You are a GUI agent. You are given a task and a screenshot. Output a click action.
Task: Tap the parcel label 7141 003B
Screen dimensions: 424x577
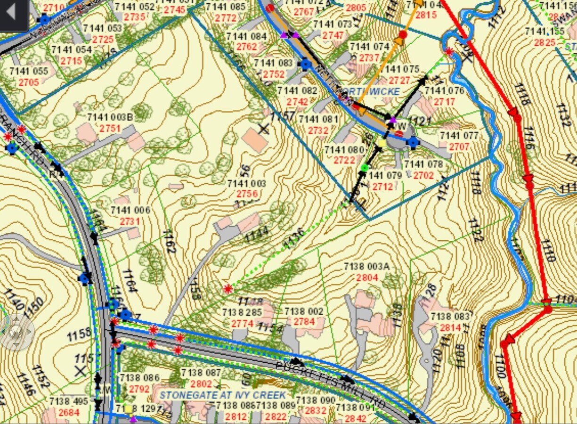(110, 117)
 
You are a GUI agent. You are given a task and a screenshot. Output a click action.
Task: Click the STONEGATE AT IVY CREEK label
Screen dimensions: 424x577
(223, 395)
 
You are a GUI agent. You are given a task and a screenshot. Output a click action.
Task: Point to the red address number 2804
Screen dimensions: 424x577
(367, 277)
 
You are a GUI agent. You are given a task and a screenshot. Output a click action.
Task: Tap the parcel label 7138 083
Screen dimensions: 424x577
(450, 317)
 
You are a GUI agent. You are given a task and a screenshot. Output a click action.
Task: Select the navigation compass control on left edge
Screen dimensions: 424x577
(16, 332)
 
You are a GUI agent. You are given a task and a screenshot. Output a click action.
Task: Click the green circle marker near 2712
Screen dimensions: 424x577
(365, 168)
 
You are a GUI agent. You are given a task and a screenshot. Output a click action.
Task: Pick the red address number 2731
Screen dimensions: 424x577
(130, 221)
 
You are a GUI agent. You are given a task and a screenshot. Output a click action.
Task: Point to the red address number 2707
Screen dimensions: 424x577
(459, 147)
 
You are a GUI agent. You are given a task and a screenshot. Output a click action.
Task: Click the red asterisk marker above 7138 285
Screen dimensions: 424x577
(228, 288)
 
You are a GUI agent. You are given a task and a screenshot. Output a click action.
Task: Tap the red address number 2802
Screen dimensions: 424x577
(201, 384)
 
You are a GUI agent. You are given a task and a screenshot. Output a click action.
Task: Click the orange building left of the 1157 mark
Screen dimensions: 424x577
(255, 140)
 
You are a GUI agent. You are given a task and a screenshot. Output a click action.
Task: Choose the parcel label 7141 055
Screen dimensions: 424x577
(29, 71)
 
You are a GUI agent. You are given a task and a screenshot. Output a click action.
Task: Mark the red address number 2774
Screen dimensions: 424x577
(242, 323)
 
